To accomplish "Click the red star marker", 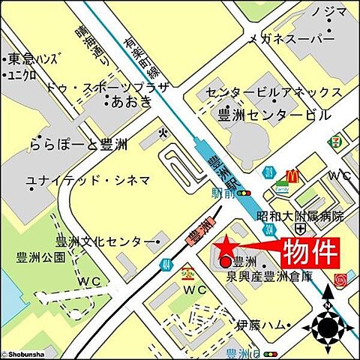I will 223,246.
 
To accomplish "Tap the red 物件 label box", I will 309,252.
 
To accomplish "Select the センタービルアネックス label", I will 274,93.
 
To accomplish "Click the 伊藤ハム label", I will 262,325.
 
